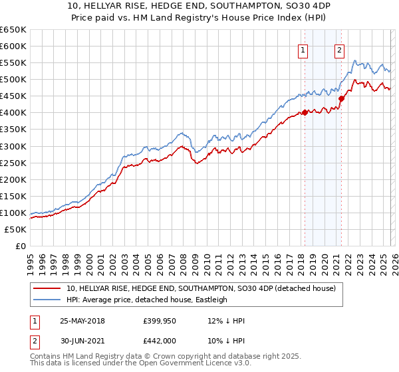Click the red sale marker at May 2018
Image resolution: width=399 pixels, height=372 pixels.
tap(305, 112)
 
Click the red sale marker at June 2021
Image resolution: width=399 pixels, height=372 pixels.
tap(341, 98)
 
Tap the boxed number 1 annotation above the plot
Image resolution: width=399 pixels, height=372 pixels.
tap(303, 49)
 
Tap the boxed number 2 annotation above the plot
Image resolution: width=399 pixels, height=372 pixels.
tap(339, 49)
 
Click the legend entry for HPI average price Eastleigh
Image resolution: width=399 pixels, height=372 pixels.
tap(147, 300)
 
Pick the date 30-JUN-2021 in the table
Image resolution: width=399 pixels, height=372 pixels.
tap(82, 341)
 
